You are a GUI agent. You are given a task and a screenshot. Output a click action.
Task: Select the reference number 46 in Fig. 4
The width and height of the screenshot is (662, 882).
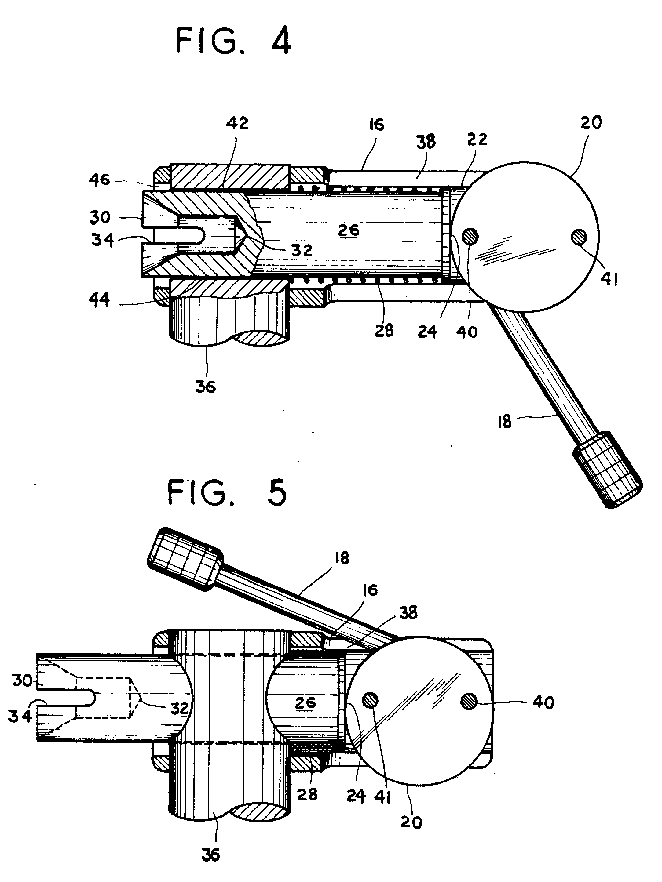pyautogui.click(x=99, y=180)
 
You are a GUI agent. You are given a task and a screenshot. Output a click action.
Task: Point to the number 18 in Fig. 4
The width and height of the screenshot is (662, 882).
pyautogui.click(x=505, y=422)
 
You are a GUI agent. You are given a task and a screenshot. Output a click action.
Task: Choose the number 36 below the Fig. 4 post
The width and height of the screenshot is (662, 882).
pyautogui.click(x=206, y=387)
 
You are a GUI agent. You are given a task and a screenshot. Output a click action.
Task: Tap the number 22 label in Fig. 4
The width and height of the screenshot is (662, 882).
pyautogui.click(x=477, y=140)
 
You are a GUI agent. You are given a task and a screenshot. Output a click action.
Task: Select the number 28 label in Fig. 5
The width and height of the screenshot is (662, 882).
pyautogui.click(x=307, y=794)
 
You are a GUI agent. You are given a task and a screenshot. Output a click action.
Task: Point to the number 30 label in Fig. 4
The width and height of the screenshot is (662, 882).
pyautogui.click(x=100, y=218)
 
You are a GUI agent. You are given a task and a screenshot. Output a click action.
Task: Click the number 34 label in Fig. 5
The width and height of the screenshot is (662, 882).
pyautogui.click(x=20, y=716)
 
